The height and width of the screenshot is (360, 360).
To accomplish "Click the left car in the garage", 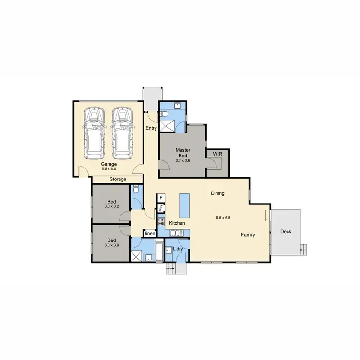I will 94,133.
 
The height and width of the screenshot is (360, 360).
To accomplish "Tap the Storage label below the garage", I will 118,179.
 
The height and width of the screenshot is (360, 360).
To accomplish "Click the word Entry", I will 152,128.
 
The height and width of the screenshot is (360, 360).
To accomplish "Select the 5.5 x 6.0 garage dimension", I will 108,169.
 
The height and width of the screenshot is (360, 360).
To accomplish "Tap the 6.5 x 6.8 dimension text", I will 224,217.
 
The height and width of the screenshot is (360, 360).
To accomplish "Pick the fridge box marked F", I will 161,198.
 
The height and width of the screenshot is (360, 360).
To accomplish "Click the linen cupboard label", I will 150,234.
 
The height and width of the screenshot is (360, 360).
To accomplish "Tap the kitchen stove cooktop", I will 161,222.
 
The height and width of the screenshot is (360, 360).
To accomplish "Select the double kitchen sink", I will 175,233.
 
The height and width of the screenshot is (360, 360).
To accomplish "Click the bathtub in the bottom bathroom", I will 158,250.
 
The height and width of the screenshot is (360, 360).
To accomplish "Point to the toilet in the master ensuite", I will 165,114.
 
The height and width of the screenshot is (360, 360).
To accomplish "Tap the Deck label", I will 286,232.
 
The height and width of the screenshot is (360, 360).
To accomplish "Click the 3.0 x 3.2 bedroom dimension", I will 111,206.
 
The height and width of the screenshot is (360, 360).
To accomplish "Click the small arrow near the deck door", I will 265,217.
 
